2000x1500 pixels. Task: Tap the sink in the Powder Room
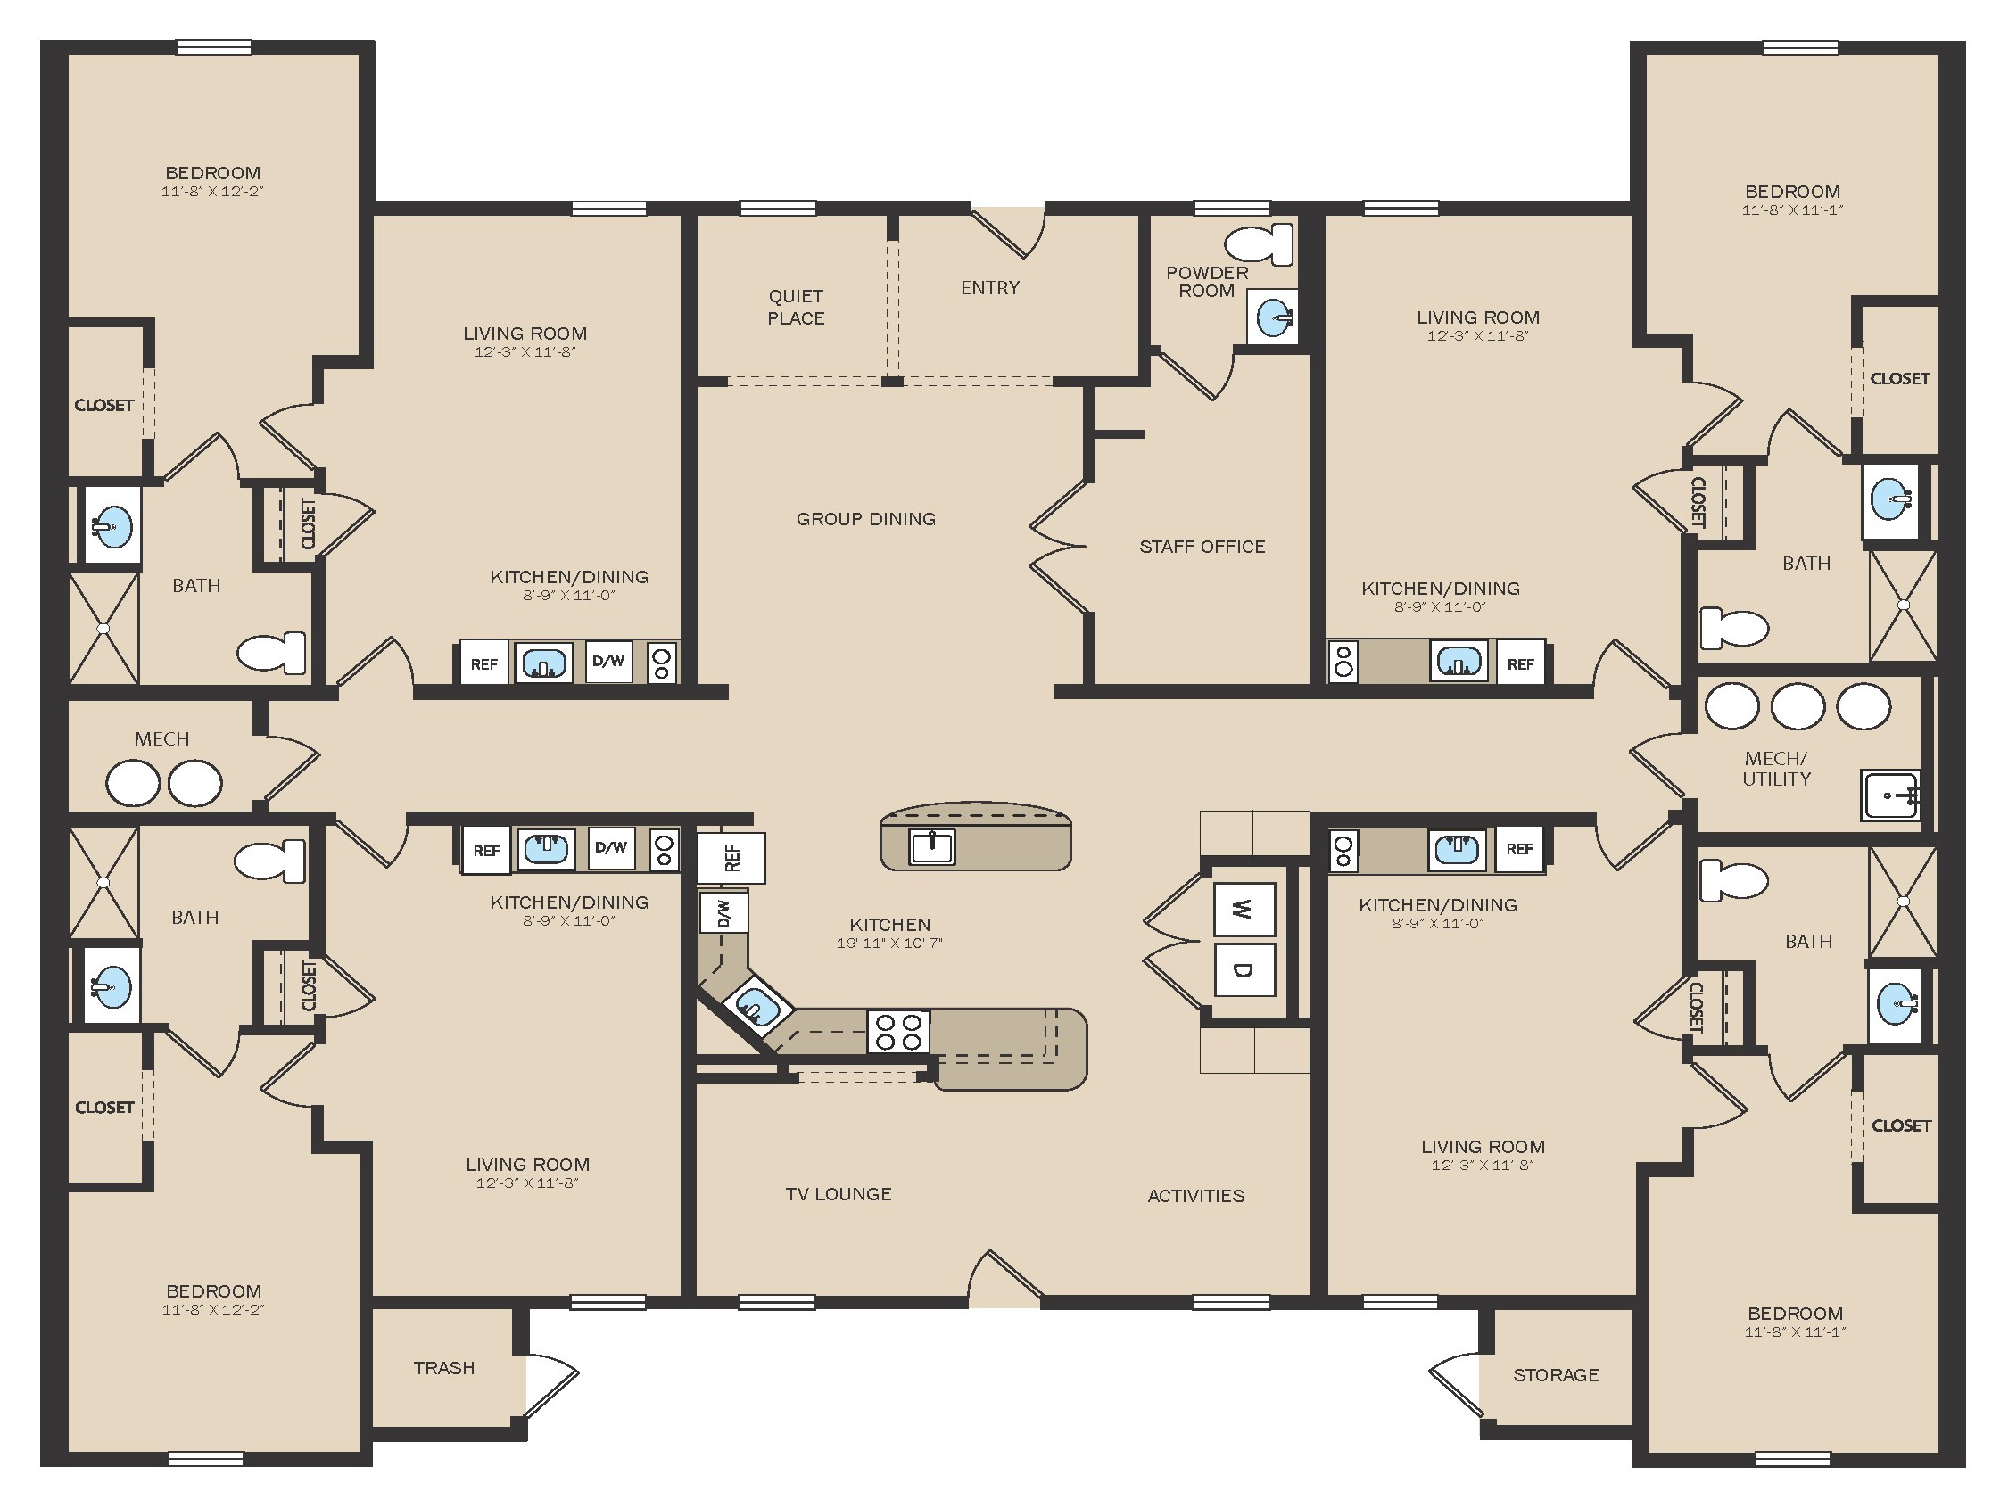click(x=1273, y=317)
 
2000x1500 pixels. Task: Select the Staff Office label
click(x=1202, y=547)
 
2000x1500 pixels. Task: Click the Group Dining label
click(x=866, y=519)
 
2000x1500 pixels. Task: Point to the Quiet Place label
click(x=796, y=308)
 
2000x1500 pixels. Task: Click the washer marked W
click(x=1244, y=909)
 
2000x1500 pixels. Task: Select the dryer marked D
click(x=1244, y=970)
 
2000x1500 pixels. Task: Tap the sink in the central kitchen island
click(x=932, y=846)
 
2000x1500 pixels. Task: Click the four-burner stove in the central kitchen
click(x=897, y=1032)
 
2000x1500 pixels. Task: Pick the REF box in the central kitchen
click(x=731, y=858)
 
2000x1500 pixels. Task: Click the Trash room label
click(x=444, y=1368)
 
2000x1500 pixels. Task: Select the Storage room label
click(x=1556, y=1375)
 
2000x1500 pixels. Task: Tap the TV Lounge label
click(x=839, y=1194)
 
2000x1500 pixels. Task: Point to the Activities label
click(x=1196, y=1196)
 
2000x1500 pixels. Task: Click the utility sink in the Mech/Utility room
click(x=1889, y=795)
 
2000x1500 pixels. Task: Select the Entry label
click(x=990, y=287)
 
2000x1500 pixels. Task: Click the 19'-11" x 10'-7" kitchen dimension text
click(x=889, y=943)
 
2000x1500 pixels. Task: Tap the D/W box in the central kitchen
click(x=724, y=911)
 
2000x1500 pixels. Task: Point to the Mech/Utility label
click(x=1777, y=769)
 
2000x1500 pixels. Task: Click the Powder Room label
click(x=1207, y=282)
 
